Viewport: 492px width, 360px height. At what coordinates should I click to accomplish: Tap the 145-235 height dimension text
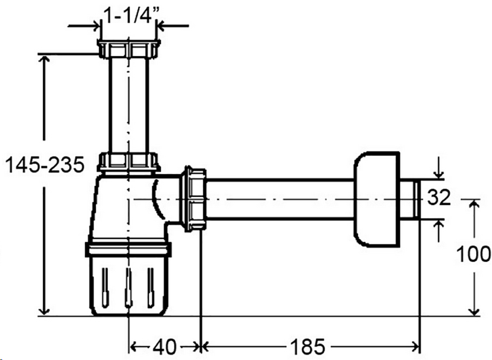click(45, 165)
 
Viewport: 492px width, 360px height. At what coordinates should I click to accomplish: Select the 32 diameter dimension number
click(439, 198)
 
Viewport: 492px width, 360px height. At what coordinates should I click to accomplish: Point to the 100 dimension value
click(473, 254)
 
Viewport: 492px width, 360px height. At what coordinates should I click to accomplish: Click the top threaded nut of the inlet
click(129, 49)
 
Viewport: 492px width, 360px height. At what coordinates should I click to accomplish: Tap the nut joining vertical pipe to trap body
click(129, 162)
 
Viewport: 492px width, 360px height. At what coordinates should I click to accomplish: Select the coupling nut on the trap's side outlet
click(194, 199)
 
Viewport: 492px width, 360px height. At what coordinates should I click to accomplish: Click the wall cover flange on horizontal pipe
click(377, 199)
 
